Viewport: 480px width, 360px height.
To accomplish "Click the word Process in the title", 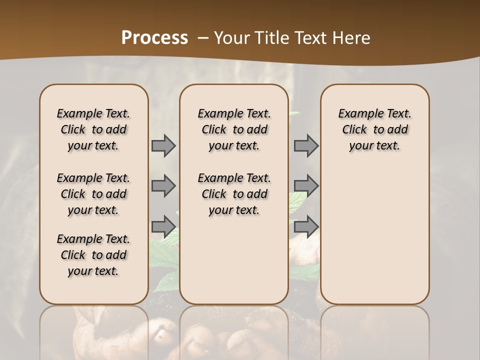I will click(154, 38).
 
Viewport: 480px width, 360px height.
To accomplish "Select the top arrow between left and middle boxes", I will click(163, 146).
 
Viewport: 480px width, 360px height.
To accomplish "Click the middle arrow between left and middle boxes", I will click(163, 186).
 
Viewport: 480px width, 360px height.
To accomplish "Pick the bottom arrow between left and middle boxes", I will click(163, 226).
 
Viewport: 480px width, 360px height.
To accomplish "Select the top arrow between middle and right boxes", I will click(306, 146).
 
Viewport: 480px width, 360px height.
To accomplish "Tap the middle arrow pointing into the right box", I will click(306, 186).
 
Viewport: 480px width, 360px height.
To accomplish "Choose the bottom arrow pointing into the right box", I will click(306, 226).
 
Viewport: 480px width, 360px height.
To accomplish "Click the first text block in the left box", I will click(93, 129).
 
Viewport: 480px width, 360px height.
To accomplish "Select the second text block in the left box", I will click(93, 194).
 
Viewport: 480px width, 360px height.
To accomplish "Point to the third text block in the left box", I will click(93, 255).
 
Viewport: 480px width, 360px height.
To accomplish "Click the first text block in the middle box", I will click(234, 129).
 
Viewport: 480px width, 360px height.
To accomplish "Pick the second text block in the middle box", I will click(234, 194).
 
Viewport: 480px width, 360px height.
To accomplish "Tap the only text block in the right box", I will click(374, 129).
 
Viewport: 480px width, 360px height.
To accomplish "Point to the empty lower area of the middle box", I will click(234, 260).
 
